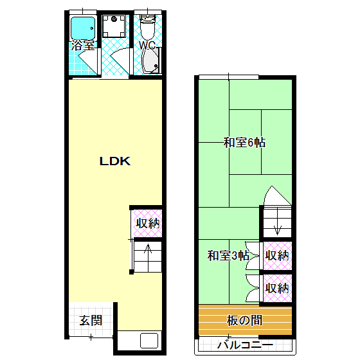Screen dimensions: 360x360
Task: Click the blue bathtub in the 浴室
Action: click(x=83, y=28)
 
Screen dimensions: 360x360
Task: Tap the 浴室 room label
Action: click(x=84, y=46)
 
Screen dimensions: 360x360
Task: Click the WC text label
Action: click(x=148, y=46)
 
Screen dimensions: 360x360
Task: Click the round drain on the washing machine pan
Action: click(x=116, y=19)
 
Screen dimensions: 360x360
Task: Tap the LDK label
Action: click(x=115, y=161)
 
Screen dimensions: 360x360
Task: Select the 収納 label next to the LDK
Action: click(x=148, y=224)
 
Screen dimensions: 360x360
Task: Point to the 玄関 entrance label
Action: click(x=91, y=319)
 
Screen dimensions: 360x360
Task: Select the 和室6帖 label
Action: click(x=244, y=143)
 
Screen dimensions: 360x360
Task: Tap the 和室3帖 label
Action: click(x=228, y=255)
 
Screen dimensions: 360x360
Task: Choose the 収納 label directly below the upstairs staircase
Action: click(x=277, y=255)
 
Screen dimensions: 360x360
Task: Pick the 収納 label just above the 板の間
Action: click(x=277, y=287)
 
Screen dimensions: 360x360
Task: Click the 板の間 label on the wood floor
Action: click(x=245, y=319)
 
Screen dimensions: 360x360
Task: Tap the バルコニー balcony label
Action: click(x=245, y=344)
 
